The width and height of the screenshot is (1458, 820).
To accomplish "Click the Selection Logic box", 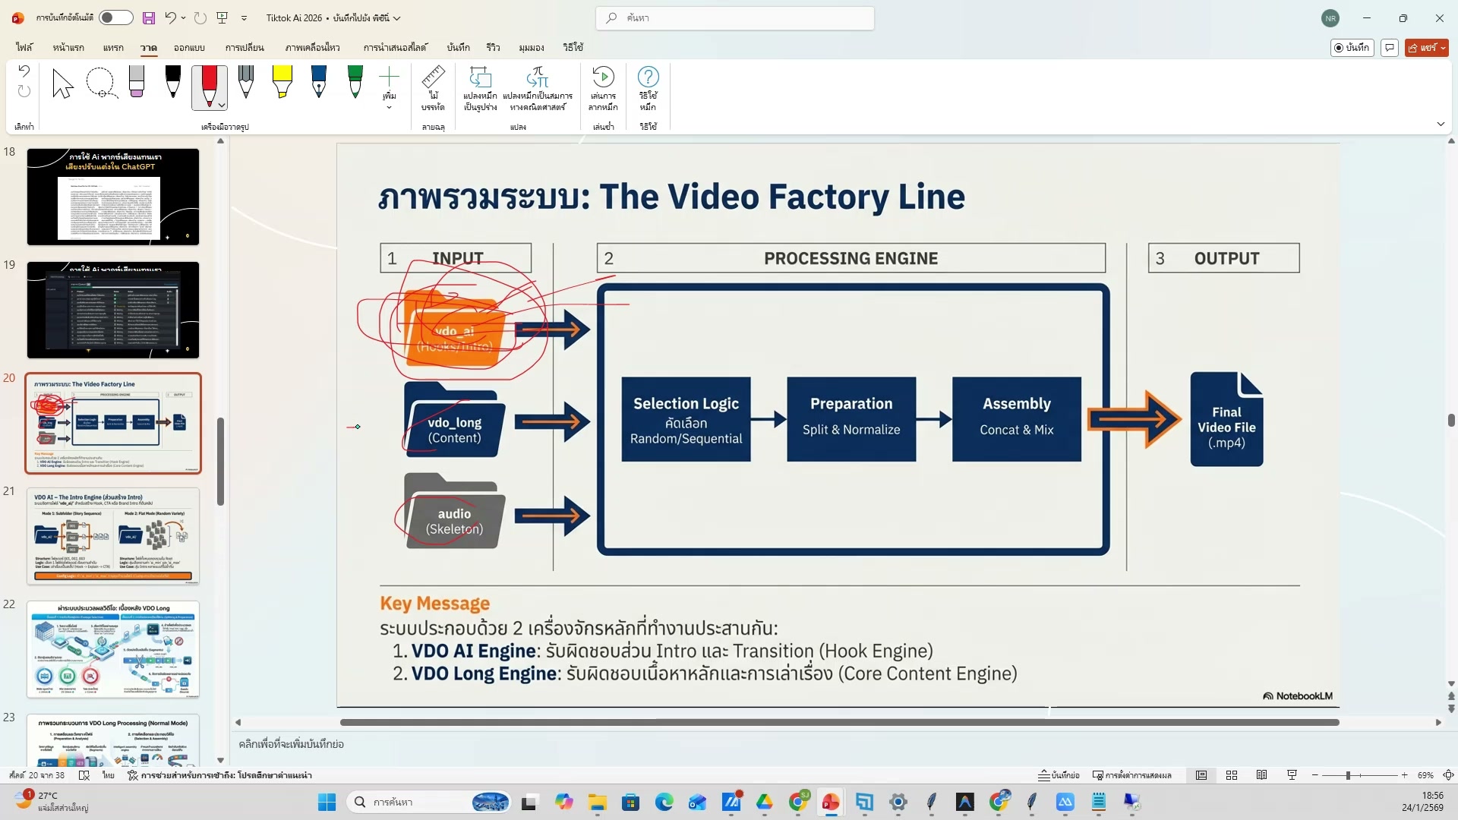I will [686, 419].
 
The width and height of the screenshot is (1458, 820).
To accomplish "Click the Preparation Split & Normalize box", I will [850, 419].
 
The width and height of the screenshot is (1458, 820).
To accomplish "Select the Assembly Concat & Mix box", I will [1016, 419].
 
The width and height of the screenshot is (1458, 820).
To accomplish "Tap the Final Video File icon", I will [1226, 419].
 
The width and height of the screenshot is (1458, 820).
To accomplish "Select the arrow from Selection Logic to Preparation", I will [768, 419].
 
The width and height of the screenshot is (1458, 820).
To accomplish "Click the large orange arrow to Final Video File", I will [1134, 419].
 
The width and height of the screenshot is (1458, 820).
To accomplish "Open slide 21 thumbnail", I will [113, 536].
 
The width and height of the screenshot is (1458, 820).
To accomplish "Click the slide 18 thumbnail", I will [113, 197].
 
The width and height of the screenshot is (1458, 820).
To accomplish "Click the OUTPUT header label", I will [1226, 258].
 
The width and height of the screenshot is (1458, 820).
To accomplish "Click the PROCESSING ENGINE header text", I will [850, 258].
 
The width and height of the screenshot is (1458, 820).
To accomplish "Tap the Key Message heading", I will [434, 604].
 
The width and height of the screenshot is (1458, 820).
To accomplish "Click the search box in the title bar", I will [734, 17].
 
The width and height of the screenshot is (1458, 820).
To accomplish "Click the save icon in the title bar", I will [149, 17].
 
